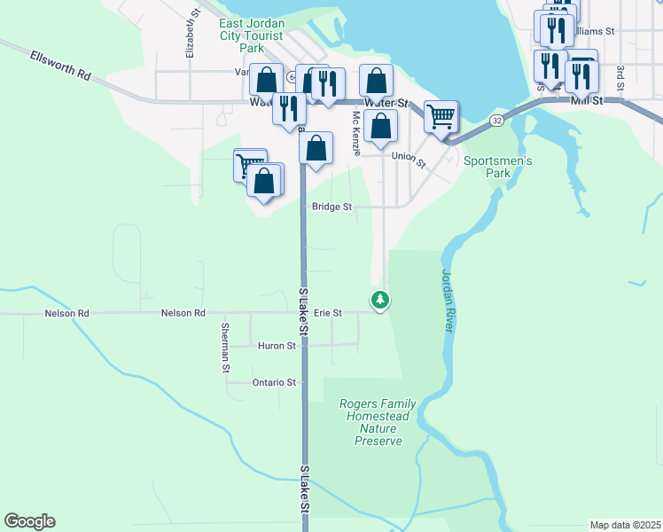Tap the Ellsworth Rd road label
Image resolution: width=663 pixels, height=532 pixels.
coord(61,66)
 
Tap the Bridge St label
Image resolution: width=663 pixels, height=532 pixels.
coord(332,207)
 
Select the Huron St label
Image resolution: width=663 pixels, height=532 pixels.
coord(277,346)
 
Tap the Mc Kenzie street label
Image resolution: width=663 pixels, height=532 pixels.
coord(356,133)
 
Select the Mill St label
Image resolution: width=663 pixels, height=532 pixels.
coord(588,101)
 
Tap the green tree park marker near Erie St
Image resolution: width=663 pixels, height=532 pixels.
coord(380,301)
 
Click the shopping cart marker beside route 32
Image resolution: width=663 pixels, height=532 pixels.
coord(441,116)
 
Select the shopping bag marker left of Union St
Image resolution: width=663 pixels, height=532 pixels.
coord(380,126)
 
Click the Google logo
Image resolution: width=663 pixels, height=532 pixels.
coord(29,521)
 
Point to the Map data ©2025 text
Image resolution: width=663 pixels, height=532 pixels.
coord(625,525)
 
